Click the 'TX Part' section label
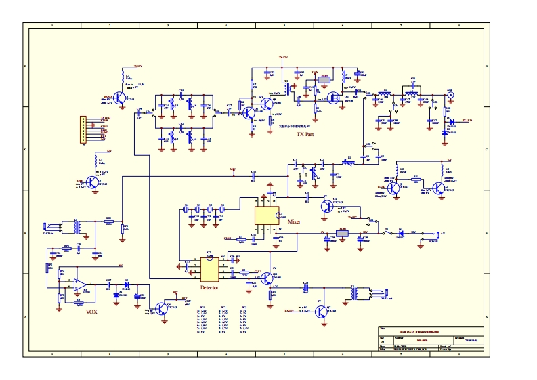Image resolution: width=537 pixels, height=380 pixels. [x=305, y=134]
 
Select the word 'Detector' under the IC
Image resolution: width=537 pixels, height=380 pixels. [x=209, y=287]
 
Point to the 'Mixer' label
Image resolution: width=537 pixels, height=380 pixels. [x=294, y=221]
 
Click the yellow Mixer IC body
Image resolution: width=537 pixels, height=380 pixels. [x=265, y=215]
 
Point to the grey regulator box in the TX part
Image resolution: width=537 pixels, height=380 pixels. [x=324, y=80]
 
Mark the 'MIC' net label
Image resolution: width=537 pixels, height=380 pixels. [x=233, y=169]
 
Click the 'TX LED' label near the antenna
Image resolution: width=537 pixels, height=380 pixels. [x=467, y=120]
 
